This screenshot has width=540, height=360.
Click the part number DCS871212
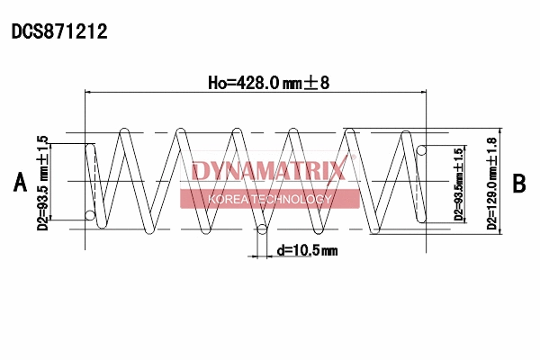click(x=59, y=32)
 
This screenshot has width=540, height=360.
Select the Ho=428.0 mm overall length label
click(x=269, y=83)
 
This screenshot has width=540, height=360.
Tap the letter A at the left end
click(x=20, y=183)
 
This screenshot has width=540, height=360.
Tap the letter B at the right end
click(x=519, y=184)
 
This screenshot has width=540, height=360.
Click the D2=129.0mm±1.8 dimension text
click(x=491, y=183)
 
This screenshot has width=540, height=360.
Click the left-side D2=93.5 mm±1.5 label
click(x=42, y=183)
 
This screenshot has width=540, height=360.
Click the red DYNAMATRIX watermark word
click(x=268, y=171)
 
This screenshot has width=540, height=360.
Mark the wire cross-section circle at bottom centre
click(x=262, y=229)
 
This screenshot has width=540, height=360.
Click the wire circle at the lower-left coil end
click(x=89, y=214)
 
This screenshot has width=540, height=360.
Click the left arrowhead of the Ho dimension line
click(x=87, y=92)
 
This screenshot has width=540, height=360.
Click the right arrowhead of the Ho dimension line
click(x=450, y=92)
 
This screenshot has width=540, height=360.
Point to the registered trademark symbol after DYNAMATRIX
click(x=353, y=159)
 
